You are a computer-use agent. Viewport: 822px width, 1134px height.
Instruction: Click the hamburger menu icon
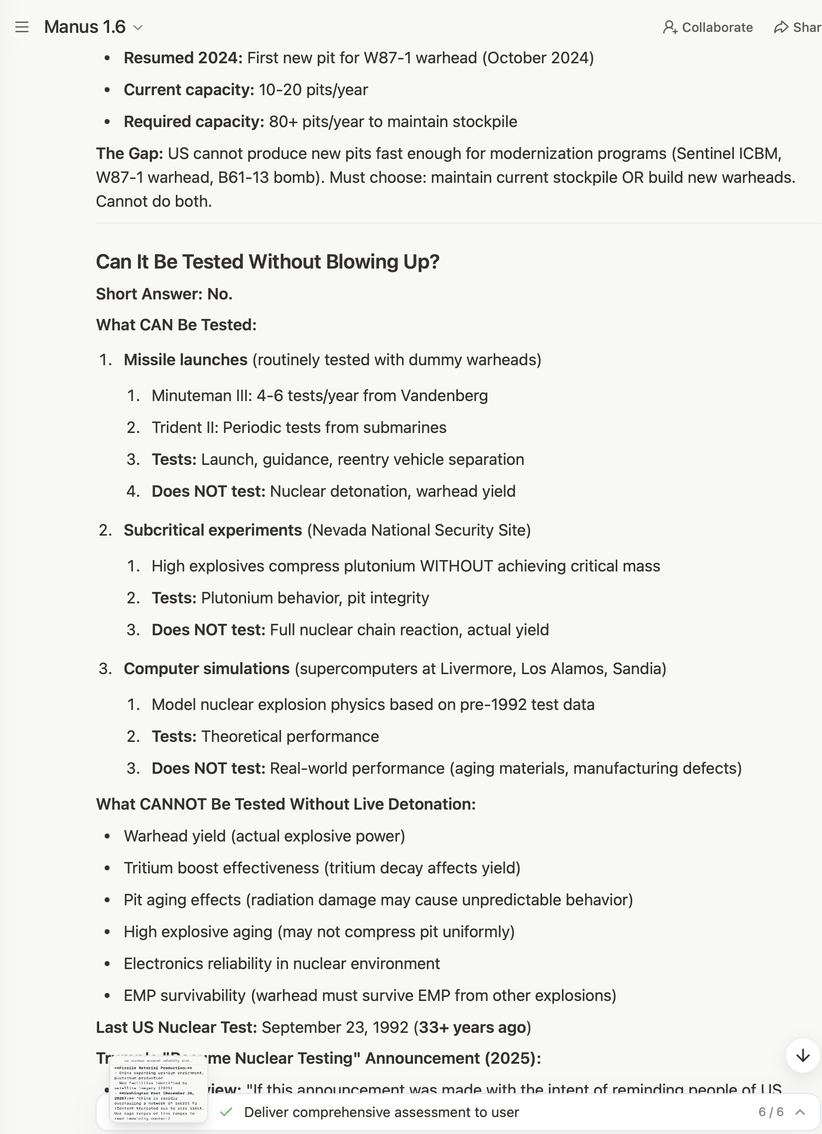click(22, 27)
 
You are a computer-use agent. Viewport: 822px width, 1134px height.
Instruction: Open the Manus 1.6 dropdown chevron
click(138, 27)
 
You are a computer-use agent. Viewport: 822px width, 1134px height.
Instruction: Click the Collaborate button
click(707, 27)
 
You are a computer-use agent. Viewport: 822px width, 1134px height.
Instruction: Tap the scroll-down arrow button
click(803, 1055)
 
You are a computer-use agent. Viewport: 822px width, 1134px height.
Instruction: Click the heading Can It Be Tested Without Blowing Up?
click(268, 262)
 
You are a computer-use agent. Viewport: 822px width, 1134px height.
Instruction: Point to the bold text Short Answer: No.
click(164, 294)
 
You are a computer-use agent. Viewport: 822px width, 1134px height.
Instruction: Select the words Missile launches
click(185, 360)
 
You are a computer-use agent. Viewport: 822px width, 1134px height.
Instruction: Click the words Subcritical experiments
click(213, 530)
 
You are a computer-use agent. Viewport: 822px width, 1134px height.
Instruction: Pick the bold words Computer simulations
click(207, 669)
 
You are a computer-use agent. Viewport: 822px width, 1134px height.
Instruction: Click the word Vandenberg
click(444, 396)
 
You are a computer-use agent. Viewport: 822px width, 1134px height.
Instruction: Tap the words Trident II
click(184, 427)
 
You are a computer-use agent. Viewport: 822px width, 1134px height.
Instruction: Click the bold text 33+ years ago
click(472, 1027)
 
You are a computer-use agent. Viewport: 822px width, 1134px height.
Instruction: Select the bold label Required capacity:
click(194, 122)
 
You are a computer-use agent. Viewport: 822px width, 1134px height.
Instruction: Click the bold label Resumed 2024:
click(183, 58)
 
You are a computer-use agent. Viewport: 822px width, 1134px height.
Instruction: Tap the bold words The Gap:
click(130, 153)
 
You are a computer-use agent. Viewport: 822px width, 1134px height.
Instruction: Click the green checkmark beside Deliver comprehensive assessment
click(227, 1112)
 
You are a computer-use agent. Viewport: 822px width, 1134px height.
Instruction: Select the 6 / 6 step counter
click(771, 1112)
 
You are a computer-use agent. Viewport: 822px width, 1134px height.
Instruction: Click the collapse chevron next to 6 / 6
click(800, 1112)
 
